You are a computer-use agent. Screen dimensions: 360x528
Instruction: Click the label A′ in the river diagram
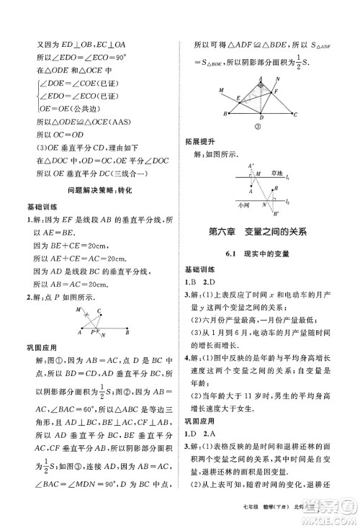[x=250, y=166]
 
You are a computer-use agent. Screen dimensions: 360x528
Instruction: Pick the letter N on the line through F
[x=279, y=81]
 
